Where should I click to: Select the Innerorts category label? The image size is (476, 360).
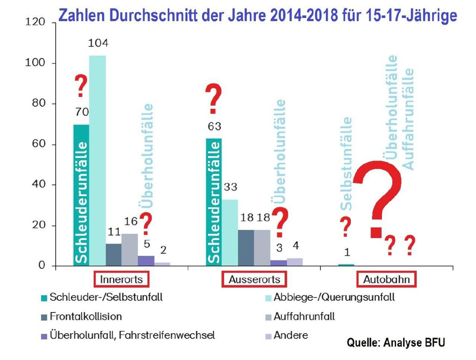point(122,279)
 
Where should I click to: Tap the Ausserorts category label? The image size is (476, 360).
point(254,279)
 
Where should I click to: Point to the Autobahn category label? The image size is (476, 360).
point(386,279)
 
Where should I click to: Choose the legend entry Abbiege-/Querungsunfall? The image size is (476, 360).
point(334,298)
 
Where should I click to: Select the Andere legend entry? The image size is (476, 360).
point(291,335)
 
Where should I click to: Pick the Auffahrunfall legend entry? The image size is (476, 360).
point(304,317)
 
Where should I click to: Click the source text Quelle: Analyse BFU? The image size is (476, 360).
point(396,343)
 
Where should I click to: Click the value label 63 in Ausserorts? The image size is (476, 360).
point(213,127)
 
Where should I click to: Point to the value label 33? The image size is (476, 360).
point(230,187)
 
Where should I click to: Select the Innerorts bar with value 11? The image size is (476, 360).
point(113,254)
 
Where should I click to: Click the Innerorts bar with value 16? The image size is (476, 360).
point(129,249)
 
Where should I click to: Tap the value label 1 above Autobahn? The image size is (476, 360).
point(346,252)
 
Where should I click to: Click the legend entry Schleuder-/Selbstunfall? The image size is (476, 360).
point(106,298)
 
